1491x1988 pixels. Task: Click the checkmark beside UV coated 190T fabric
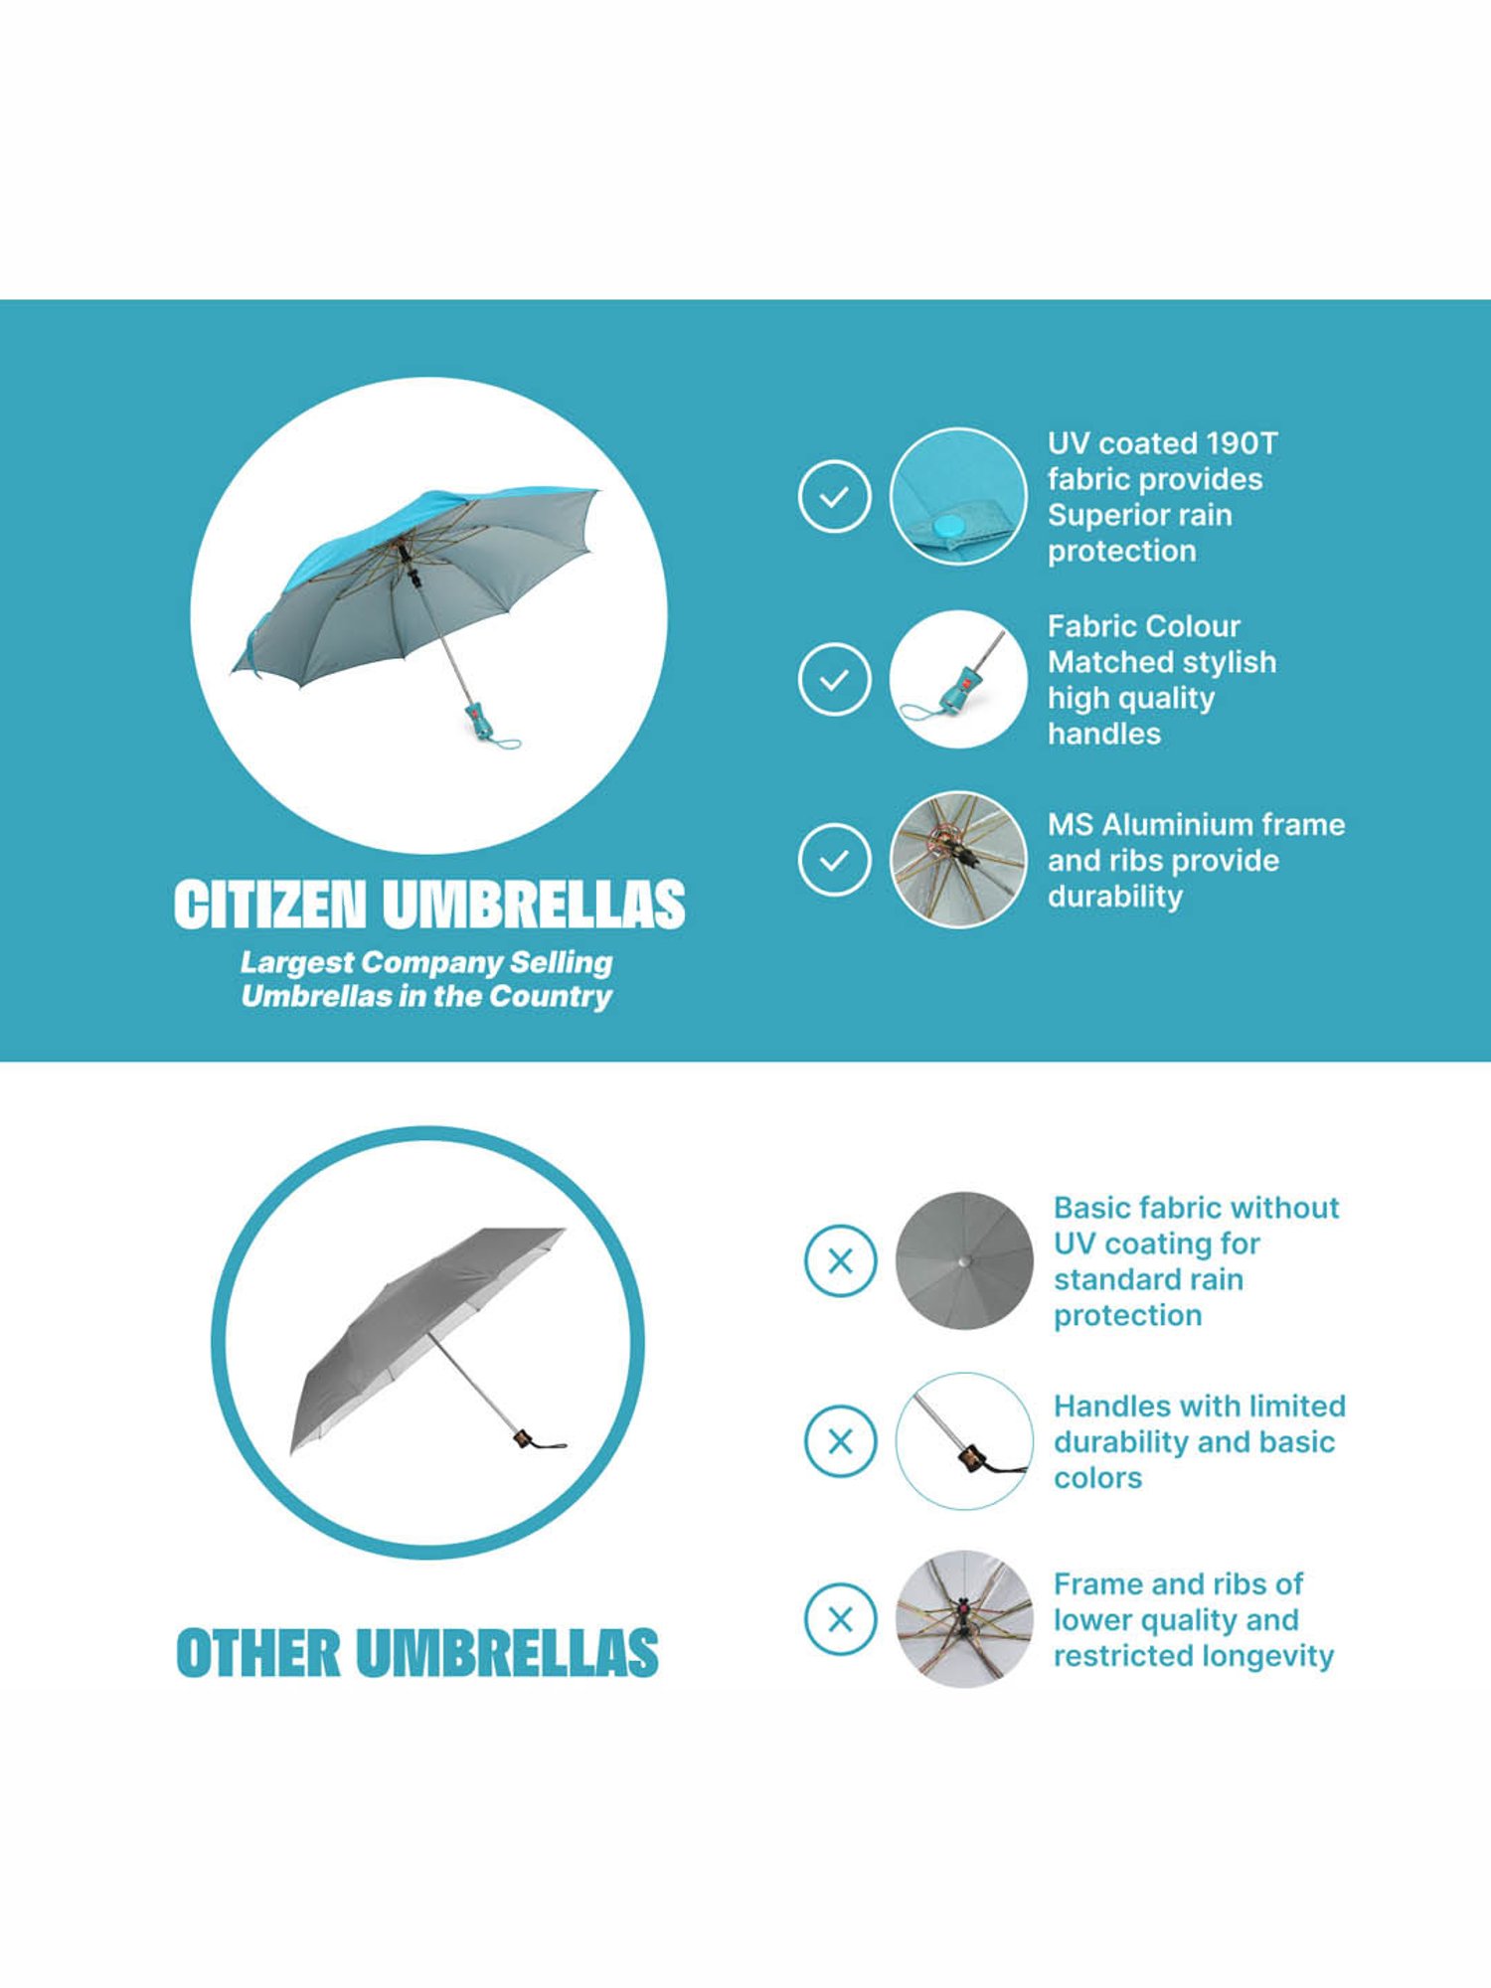click(x=834, y=496)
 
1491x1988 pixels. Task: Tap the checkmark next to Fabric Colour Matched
click(x=834, y=679)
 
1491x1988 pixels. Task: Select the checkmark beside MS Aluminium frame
click(x=834, y=860)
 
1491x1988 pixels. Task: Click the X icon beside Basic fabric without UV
click(x=840, y=1261)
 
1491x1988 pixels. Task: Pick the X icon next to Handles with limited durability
click(x=840, y=1441)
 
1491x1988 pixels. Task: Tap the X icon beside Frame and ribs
click(x=840, y=1620)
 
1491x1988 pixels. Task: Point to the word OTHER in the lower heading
click(x=257, y=1654)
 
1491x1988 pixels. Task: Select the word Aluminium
click(x=1173, y=825)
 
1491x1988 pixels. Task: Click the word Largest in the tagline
click(x=296, y=962)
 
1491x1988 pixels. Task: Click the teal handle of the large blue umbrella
click(x=480, y=720)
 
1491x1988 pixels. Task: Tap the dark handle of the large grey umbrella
click(x=523, y=1438)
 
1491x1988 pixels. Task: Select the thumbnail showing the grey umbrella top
click(x=963, y=1261)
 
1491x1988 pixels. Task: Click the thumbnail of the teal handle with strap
click(x=958, y=679)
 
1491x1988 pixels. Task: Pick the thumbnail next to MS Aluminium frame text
click(x=958, y=860)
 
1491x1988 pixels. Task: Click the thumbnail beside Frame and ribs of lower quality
click(x=963, y=1620)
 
